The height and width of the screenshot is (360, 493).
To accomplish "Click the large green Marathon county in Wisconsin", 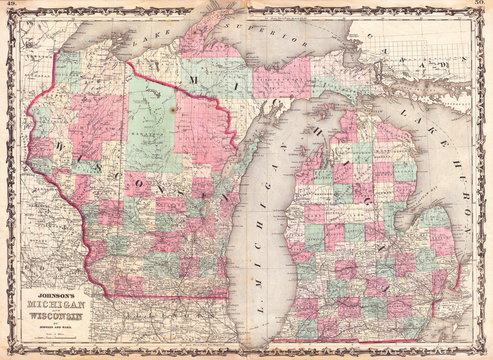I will [x=150, y=120].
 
